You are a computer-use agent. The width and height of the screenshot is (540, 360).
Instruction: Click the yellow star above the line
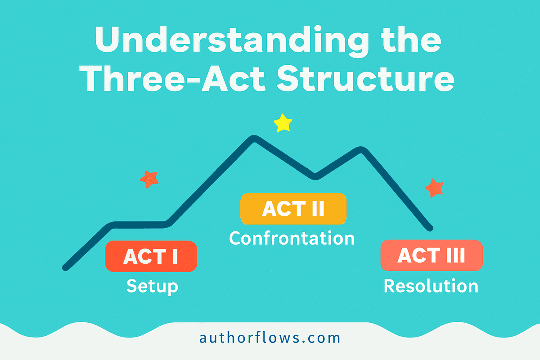(283, 123)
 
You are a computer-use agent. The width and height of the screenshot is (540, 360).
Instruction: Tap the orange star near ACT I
(149, 180)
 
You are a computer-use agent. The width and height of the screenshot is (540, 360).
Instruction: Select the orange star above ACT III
(434, 188)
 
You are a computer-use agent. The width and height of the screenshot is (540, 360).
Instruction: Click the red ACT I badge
(151, 256)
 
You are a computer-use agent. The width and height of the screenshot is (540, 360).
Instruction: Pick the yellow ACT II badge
(293, 209)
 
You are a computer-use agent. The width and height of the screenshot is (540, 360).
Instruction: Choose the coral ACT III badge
(432, 255)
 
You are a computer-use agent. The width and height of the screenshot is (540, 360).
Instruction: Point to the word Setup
(152, 286)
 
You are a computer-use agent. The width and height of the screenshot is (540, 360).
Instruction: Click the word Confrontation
(292, 238)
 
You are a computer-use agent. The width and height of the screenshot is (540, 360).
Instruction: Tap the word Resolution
(431, 286)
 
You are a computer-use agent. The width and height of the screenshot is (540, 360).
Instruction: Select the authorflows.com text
(270, 337)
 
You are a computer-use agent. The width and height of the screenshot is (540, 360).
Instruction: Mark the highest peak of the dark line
(254, 138)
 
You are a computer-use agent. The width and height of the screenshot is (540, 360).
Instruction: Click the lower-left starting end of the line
(66, 268)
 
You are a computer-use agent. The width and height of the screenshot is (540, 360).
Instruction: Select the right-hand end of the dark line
(430, 228)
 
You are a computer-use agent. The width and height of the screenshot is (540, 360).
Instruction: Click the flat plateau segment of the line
(139, 223)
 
